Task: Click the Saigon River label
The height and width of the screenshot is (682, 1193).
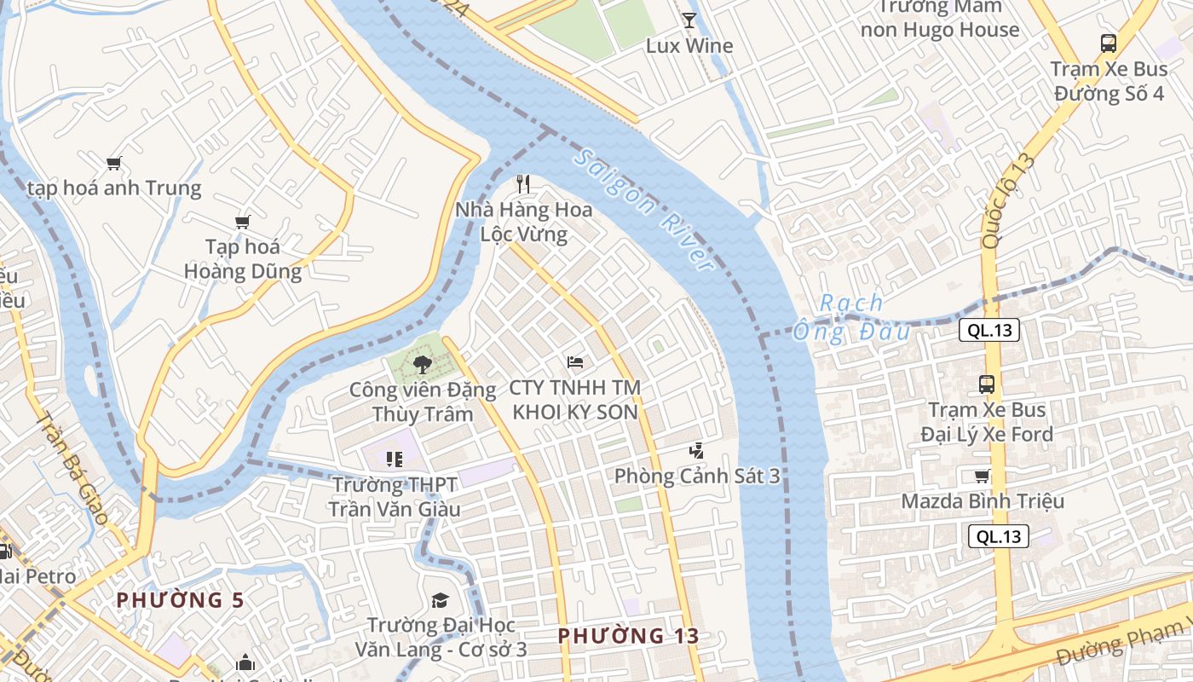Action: click(644, 210)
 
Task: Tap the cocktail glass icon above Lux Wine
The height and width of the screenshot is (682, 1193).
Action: click(689, 20)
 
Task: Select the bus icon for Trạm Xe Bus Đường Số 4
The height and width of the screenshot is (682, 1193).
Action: click(1108, 43)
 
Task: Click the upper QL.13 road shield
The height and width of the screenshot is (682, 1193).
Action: click(988, 331)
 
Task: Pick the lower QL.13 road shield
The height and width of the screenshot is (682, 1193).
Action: click(999, 536)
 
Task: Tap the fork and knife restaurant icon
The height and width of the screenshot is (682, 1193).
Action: click(523, 183)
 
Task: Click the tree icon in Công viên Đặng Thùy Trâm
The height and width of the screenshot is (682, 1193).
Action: click(421, 365)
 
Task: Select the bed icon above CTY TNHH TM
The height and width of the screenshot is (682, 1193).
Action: click(575, 362)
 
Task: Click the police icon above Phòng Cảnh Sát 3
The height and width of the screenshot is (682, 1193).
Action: click(696, 450)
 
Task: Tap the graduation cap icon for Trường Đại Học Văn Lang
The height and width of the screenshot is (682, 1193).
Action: click(440, 600)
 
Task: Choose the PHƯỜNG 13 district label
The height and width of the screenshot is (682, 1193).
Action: click(629, 636)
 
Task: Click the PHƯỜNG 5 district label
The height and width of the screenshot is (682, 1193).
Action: click(180, 600)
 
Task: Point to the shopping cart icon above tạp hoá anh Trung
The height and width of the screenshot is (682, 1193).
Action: click(113, 163)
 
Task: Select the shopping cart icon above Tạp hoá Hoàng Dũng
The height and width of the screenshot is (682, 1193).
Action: click(243, 222)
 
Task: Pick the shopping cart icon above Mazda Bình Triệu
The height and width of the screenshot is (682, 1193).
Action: click(982, 476)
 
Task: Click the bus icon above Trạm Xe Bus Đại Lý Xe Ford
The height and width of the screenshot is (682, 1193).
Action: click(986, 384)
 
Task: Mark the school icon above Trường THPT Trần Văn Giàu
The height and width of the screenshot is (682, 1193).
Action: click(394, 459)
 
